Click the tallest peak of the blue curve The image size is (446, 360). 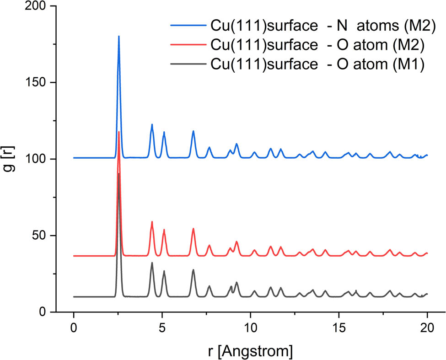[119, 37]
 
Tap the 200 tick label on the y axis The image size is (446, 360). [38, 6]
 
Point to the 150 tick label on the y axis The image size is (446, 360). [38, 83]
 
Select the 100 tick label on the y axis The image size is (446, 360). [38, 159]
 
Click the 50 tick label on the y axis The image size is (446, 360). [42, 236]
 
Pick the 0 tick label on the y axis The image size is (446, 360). [45, 312]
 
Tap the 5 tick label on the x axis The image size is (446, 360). [162, 328]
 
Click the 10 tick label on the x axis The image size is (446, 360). [250, 328]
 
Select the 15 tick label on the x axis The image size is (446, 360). [339, 328]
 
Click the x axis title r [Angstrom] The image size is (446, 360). [250, 351]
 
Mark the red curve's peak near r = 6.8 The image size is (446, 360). [193, 229]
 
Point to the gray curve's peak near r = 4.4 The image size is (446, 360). [152, 263]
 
